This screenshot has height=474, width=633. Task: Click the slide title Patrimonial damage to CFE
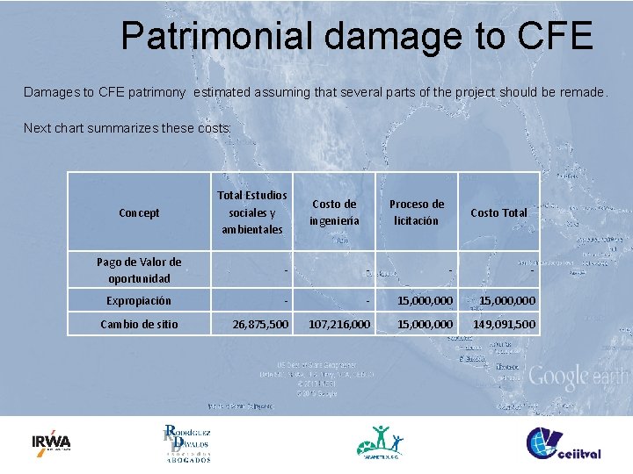click(357, 36)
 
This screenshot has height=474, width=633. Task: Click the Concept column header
click(139, 212)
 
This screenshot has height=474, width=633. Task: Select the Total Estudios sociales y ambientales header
click(252, 212)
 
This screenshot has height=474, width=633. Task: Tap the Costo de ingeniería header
click(334, 212)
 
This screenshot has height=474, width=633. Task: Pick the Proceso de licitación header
click(417, 212)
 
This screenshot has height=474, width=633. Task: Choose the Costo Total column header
click(498, 212)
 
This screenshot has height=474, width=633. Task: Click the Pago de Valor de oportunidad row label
click(139, 269)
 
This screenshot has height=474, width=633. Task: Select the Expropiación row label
click(139, 300)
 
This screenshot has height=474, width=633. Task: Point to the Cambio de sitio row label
click(139, 324)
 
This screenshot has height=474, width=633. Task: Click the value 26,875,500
click(259, 325)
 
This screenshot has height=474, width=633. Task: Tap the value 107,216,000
click(339, 325)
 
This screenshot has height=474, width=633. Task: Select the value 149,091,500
click(504, 325)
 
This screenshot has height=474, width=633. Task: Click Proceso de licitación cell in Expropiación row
click(426, 301)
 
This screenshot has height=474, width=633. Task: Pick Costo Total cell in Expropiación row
click(507, 301)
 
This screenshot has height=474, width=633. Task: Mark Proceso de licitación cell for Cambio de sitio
click(426, 325)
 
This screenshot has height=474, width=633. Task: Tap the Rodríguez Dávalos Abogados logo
click(186, 443)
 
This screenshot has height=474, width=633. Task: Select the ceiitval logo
click(564, 443)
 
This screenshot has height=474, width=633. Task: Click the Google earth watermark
click(577, 377)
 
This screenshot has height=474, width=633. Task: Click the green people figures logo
click(381, 442)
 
